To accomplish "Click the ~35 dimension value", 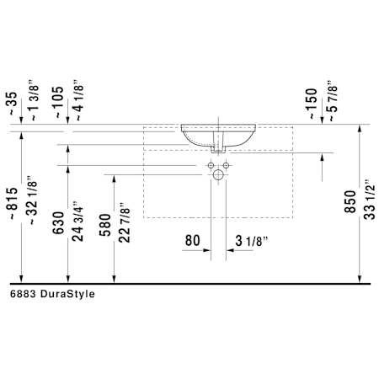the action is click(x=13, y=104).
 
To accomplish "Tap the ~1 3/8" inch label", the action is click(x=34, y=101).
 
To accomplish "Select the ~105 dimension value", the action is click(x=59, y=102).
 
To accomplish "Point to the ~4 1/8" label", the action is click(x=79, y=100).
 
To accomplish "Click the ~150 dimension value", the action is click(x=312, y=104).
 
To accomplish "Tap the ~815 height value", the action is click(x=13, y=203).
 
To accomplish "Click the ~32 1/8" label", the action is click(x=32, y=200).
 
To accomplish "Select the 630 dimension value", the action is click(x=58, y=223).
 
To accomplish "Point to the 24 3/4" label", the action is click(x=77, y=222).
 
